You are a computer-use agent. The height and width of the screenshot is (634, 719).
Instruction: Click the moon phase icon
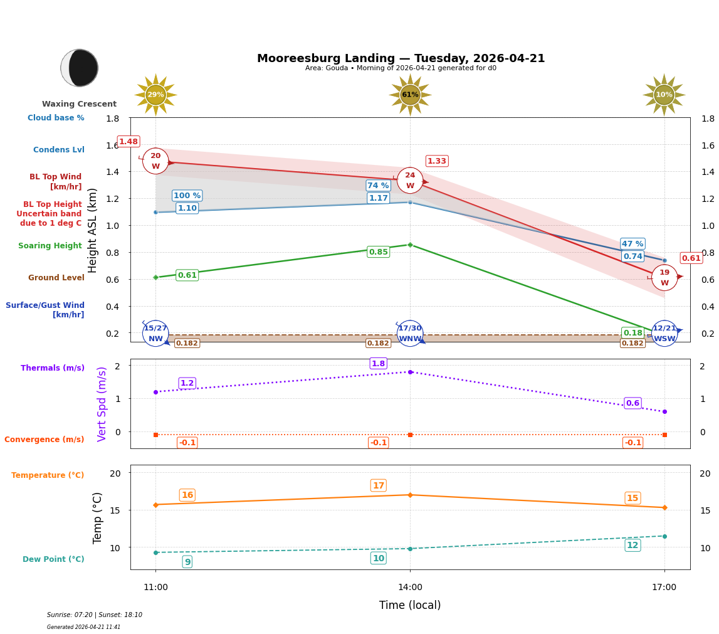point(80,68)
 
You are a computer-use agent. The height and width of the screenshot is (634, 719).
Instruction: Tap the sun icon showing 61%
point(410,95)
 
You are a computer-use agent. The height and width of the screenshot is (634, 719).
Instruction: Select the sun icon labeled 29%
point(155,95)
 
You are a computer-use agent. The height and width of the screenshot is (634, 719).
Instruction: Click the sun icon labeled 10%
point(664,95)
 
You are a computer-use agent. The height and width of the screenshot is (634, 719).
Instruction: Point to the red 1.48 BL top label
point(129,142)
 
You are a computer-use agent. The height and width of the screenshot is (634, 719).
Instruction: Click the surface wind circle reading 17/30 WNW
point(410,334)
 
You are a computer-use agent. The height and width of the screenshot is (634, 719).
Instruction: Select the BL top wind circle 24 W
point(410,181)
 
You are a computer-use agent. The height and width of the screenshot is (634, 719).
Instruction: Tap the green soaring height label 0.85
point(378,252)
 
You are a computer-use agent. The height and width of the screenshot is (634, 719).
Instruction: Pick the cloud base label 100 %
point(187,196)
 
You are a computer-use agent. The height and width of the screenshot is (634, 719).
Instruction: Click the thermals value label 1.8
point(378,364)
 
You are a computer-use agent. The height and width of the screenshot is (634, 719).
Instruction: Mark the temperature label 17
point(378,485)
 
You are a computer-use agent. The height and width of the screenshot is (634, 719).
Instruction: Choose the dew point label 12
point(632,546)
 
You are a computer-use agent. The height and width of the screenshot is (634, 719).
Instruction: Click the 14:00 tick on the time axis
point(410,588)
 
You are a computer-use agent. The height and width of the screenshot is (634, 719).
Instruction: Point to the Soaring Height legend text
point(50,246)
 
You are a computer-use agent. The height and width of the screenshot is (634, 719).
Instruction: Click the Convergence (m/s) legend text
point(45,440)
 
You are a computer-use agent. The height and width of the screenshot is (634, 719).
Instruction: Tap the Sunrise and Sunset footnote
point(95,615)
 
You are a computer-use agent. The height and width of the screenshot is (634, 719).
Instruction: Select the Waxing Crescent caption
point(79,104)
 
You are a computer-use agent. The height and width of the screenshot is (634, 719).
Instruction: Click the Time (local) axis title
point(410,605)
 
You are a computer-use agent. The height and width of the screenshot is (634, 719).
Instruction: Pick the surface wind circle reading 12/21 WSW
point(664,334)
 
